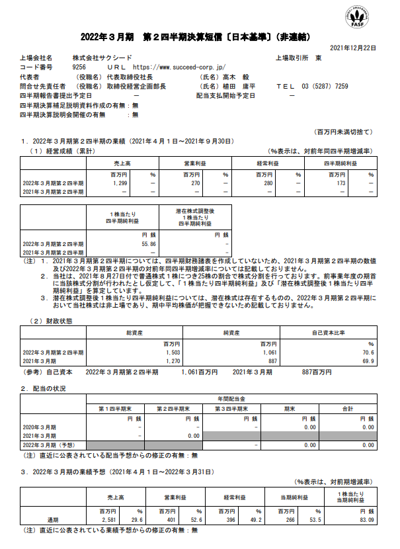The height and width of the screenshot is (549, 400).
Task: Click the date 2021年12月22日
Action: tap(352, 48)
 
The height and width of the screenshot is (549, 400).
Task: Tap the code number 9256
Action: tap(79, 67)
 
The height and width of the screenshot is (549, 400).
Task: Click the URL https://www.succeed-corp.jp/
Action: tap(179, 67)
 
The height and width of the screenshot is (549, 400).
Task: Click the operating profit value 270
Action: tap(196, 183)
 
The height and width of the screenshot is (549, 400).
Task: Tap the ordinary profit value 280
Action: tap(268, 183)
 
